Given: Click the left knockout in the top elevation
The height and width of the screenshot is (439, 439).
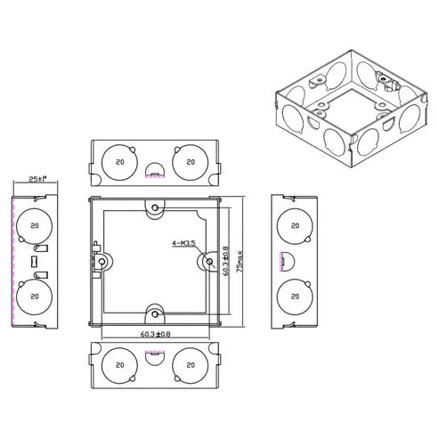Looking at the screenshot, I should [x=119, y=162].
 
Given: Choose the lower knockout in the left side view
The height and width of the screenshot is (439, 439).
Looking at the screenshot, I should [x=34, y=295].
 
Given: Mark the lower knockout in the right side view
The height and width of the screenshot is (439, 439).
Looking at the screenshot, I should [x=291, y=295].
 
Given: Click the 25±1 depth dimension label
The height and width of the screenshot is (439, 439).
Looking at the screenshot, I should [x=35, y=179].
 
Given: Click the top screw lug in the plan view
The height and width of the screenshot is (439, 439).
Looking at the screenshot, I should [x=156, y=208].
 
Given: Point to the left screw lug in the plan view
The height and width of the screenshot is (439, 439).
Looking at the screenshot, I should [x=103, y=261].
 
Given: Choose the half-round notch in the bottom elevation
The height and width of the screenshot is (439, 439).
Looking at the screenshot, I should [x=154, y=354].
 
